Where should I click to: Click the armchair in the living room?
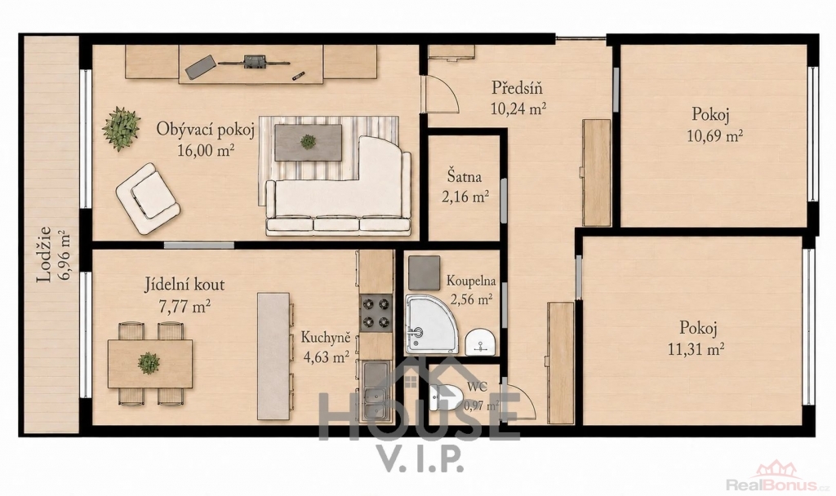(147, 198)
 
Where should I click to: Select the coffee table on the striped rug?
(309, 142)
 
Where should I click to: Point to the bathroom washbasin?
(480, 342)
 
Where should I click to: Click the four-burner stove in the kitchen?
(375, 314)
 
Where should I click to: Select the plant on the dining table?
(149, 363)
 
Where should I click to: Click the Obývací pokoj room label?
(205, 129)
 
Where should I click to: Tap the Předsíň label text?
(516, 86)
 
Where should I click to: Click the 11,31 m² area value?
(696, 349)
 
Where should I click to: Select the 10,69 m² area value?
(715, 135)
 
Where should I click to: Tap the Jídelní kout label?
(185, 285)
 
